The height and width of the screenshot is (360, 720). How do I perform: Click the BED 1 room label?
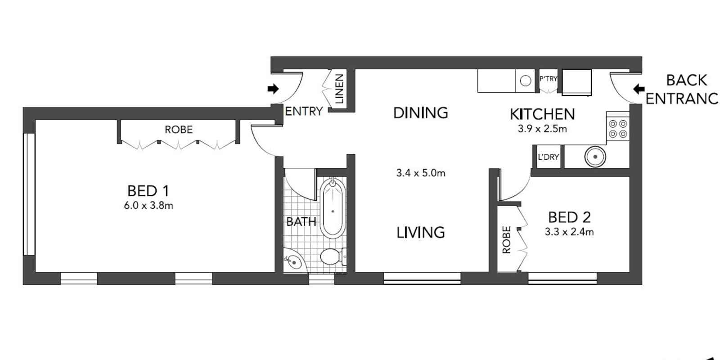[148, 191]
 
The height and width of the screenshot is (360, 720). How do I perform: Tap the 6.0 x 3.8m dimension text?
[148, 206]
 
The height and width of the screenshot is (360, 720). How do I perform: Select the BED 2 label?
[569, 217]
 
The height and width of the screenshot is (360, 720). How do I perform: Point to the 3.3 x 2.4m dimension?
[569, 232]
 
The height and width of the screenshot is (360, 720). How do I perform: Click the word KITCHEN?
[542, 114]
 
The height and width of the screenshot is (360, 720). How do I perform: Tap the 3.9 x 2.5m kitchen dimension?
[542, 129]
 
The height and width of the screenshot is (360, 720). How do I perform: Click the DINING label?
[420, 112]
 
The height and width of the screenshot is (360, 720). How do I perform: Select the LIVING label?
[420, 233]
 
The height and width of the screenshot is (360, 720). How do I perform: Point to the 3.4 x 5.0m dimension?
[420, 173]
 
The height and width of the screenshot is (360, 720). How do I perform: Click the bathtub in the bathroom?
[333, 208]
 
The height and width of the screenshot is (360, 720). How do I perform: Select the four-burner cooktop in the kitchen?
[617, 129]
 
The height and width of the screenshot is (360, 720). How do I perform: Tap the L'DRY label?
[548, 157]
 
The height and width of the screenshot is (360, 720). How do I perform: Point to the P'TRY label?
[548, 79]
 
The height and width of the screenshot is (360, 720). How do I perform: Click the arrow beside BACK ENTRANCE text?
[639, 89]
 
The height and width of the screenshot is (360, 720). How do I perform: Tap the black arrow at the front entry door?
[273, 89]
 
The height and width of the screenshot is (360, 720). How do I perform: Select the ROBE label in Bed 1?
[178, 130]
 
